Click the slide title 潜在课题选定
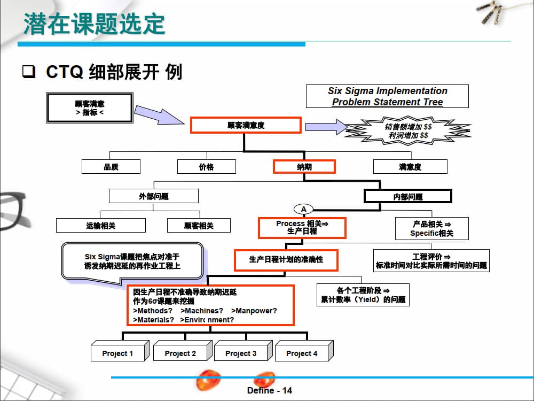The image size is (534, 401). pos(94,24)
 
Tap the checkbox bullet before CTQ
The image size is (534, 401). pos(28,72)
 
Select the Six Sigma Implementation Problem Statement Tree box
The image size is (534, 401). pos(387,96)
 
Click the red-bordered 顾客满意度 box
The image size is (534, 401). pos(246,126)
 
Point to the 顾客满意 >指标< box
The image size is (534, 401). pos(90,108)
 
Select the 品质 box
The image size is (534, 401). pos(111,167)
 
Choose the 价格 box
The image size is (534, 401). pos(206,167)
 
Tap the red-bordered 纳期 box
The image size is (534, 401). pos(304,167)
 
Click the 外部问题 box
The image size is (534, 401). pos(154,196)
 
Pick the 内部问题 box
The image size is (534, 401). pos(408,196)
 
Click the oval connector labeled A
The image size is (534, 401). pos(303,209)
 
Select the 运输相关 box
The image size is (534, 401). pos(101,226)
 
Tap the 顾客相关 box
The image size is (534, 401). pos(199,226)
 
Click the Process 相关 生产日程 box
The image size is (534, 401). pos(302,228)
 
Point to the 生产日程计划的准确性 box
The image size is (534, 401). pos(286,260)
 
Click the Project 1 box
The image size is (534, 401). pos(118,353)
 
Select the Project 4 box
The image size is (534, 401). pos(302,353)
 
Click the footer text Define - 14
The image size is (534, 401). pos(270,391)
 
